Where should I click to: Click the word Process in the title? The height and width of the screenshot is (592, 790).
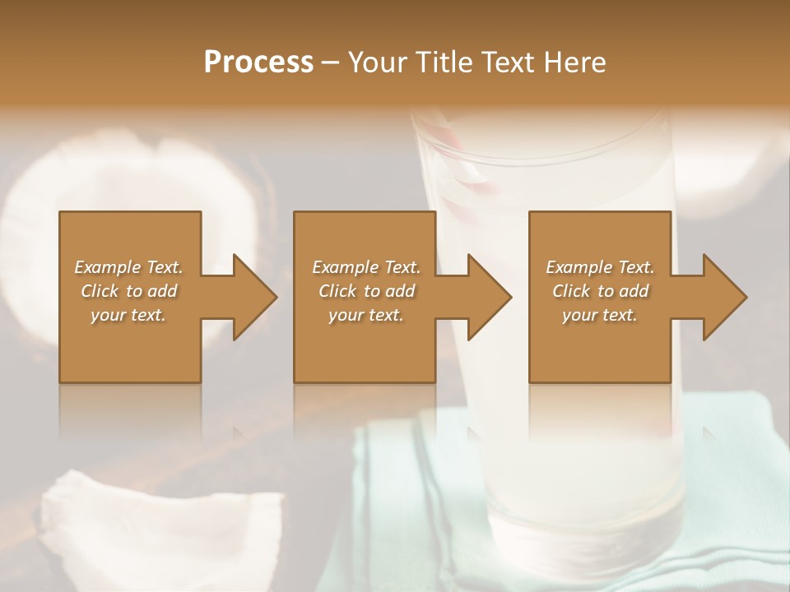(258, 62)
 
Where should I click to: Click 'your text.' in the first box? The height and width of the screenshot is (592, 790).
(128, 315)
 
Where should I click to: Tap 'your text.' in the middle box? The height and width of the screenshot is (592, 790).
(365, 315)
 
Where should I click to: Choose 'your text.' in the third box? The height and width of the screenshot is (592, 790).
(599, 315)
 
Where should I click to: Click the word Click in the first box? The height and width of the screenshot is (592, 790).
(99, 291)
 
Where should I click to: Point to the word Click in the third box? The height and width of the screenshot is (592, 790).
(571, 291)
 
